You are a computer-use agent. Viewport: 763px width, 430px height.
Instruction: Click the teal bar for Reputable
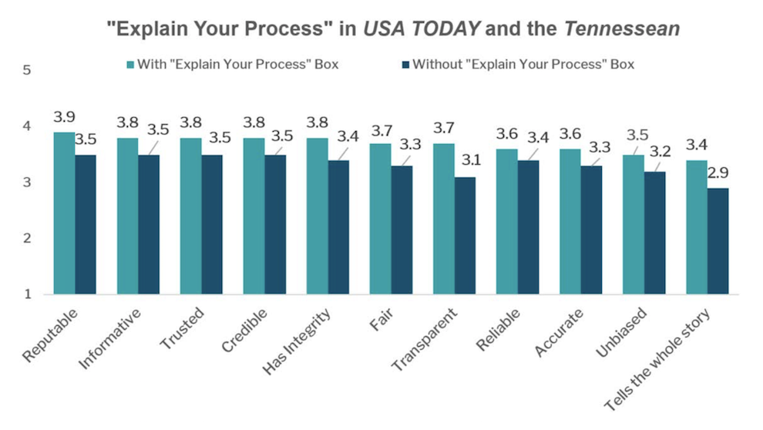click(65, 213)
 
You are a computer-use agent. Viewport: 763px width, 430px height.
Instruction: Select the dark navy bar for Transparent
click(465, 236)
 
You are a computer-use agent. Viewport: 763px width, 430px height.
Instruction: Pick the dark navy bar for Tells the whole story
click(718, 241)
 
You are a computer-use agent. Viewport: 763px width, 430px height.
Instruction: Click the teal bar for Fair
click(381, 219)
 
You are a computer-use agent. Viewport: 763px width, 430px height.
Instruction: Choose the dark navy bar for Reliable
click(528, 227)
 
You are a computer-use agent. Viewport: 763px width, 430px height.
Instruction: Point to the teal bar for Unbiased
click(634, 224)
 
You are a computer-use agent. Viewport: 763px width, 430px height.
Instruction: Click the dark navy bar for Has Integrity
click(338, 227)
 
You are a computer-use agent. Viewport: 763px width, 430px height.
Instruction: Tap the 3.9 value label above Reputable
click(65, 117)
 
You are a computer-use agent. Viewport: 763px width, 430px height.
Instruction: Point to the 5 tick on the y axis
click(27, 70)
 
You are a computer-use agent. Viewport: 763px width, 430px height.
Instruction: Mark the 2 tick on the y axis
click(27, 238)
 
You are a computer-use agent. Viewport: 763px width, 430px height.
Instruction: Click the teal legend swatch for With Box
click(129, 65)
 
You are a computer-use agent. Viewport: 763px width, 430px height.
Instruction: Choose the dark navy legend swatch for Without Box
click(405, 65)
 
